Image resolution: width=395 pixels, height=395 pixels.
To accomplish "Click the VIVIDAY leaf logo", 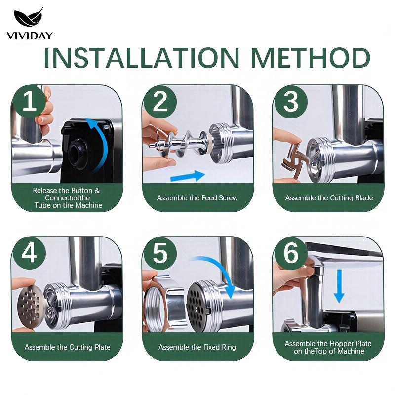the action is [29, 18].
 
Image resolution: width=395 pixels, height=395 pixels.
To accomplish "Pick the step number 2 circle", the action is [159, 101].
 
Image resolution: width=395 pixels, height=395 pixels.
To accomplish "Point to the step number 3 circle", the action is [291, 101].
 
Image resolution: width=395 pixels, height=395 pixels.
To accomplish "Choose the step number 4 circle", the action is [29, 253].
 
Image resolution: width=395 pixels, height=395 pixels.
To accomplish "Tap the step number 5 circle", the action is [159, 253].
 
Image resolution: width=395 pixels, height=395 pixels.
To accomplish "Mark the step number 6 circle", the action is [291, 253].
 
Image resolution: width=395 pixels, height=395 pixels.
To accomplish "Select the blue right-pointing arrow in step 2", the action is [188, 176].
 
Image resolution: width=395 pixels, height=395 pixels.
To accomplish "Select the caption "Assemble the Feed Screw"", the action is [197, 198].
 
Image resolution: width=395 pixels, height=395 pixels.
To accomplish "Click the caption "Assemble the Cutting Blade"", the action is [329, 198].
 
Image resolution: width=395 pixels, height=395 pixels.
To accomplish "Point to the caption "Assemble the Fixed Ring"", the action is [197, 347].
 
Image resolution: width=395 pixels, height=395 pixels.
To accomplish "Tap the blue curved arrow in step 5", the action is [222, 267].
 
